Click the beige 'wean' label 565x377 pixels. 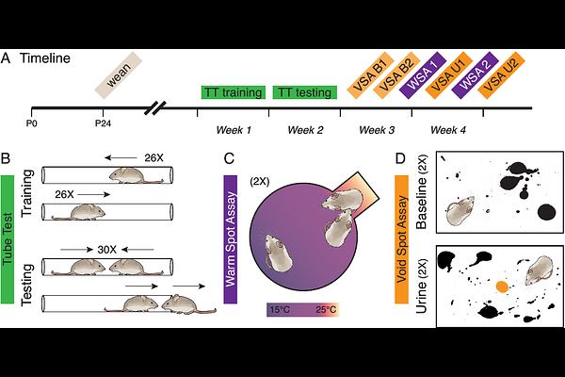coord(119,75)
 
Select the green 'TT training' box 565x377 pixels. coord(234,92)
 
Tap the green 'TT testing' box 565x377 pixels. coord(305,92)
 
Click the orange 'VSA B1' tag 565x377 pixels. coord(370,75)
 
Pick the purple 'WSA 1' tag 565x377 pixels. coord(423,75)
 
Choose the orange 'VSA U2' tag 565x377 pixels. coord(501,75)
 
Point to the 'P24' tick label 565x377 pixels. coord(103,123)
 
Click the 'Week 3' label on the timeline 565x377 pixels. coord(377,130)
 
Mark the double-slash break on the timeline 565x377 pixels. coord(155,107)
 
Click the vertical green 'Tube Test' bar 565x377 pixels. coord(8,239)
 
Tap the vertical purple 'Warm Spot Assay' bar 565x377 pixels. coord(231,239)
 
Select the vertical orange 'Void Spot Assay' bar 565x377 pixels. coord(402,239)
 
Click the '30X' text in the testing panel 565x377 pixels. coord(107,250)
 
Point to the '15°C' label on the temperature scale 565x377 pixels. coord(280,309)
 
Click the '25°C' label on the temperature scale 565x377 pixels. coord(326,309)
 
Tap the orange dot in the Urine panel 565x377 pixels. coord(502,287)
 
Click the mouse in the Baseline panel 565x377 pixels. coord(460,210)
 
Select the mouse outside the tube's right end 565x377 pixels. coord(188,304)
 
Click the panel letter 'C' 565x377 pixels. coord(229,158)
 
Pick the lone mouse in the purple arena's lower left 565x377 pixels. coord(277,252)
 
